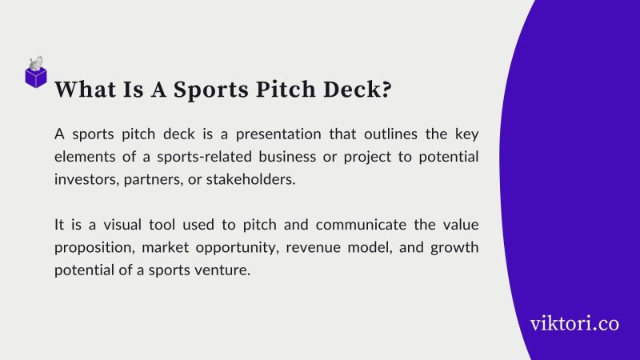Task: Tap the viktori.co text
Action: (574, 324)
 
